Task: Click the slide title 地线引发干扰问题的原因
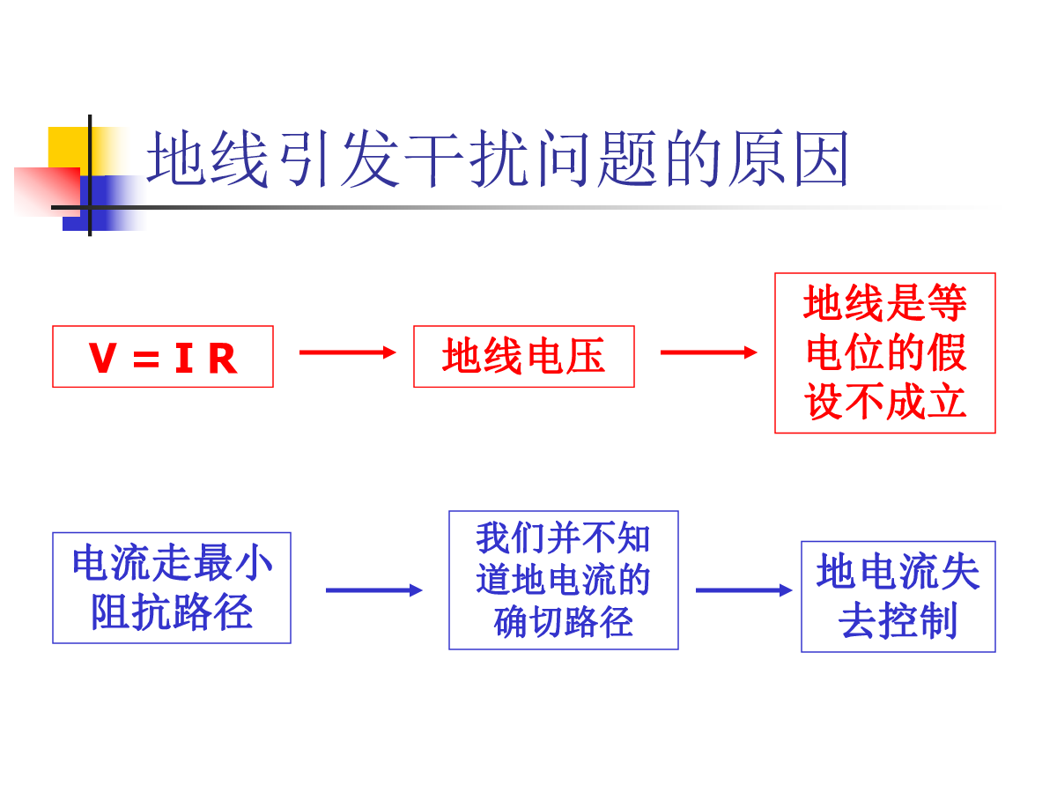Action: click(x=498, y=158)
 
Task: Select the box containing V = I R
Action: click(x=163, y=357)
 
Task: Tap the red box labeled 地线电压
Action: click(x=524, y=357)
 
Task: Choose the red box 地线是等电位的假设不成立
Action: click(x=885, y=353)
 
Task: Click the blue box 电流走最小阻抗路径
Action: click(x=172, y=588)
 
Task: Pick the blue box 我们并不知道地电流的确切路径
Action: click(x=564, y=580)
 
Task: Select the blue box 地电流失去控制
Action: click(x=898, y=597)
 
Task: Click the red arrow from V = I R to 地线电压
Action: click(x=348, y=353)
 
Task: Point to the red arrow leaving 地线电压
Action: click(x=709, y=353)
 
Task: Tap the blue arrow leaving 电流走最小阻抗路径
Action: click(x=374, y=590)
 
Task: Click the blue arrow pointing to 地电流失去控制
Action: click(x=744, y=590)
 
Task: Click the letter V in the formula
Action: click(x=102, y=358)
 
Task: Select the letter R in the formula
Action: click(x=223, y=358)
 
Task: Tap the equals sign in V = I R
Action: click(x=146, y=359)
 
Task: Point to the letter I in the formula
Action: click(x=184, y=358)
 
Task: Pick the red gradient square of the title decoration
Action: click(x=48, y=191)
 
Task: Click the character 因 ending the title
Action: click(x=822, y=159)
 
